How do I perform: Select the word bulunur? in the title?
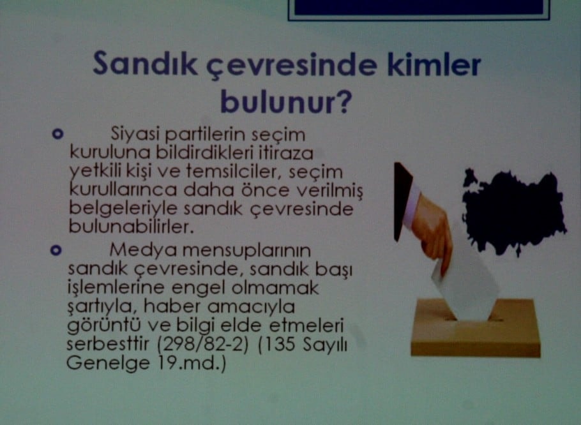(x=287, y=102)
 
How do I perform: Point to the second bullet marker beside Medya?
(x=58, y=249)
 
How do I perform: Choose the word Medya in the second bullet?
(x=137, y=249)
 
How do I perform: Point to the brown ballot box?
(x=476, y=329)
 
